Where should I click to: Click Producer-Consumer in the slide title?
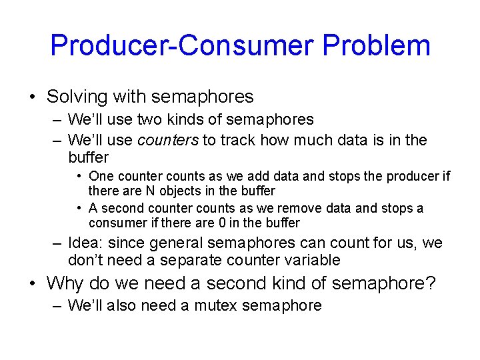[x=182, y=45]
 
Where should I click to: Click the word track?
[x=239, y=140]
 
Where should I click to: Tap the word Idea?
[x=85, y=243]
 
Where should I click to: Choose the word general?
[x=179, y=243]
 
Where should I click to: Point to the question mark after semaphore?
[x=431, y=283]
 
